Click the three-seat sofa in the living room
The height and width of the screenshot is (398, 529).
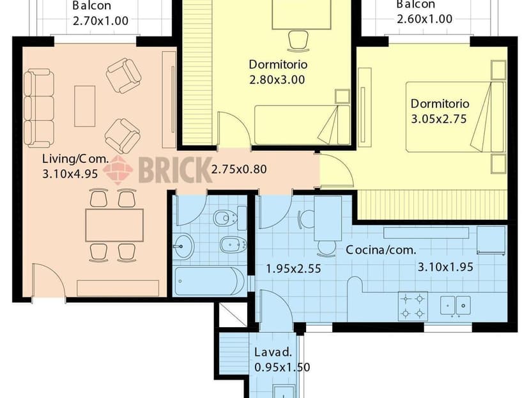[39, 109]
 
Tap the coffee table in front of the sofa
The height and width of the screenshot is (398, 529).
[84, 105]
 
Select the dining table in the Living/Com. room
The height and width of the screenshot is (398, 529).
[114, 225]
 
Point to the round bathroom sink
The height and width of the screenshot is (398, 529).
[184, 246]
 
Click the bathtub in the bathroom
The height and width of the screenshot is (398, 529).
[209, 281]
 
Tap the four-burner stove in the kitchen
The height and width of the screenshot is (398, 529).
[413, 305]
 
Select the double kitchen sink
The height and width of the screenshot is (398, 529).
[456, 305]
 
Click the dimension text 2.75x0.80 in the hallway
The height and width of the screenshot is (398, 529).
[239, 169]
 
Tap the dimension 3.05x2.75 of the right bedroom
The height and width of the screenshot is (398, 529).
[440, 119]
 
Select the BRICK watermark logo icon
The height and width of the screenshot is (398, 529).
[118, 170]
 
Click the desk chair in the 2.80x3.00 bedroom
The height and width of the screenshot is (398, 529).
[298, 40]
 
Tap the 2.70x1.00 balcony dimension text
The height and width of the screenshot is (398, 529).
[100, 20]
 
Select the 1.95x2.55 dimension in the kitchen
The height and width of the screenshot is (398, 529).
[293, 269]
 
